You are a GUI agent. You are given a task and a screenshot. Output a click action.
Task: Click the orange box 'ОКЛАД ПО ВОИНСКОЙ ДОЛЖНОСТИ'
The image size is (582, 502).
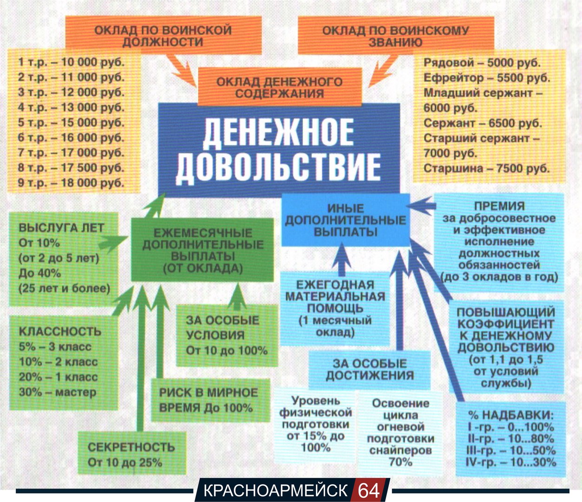click(163, 36)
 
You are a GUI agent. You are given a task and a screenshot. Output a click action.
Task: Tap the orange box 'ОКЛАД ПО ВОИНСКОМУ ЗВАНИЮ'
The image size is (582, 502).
click(396, 36)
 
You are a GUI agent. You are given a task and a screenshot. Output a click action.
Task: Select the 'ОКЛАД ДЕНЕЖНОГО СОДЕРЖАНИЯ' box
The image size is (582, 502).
click(279, 87)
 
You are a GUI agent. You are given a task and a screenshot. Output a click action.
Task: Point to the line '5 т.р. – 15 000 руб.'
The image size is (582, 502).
click(71, 123)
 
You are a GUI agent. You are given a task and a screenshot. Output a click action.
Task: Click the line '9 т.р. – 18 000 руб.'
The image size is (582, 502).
click(71, 183)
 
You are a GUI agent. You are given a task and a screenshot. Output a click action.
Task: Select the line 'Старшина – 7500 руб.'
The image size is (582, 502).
click(486, 168)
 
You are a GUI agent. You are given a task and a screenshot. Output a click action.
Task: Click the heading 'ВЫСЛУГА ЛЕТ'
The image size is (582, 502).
click(61, 228)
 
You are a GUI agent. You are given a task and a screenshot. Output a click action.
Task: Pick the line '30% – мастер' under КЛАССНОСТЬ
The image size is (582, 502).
click(58, 392)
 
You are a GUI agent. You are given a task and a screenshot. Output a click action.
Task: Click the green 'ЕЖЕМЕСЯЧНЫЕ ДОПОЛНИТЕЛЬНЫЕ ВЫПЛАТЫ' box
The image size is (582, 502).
click(203, 250)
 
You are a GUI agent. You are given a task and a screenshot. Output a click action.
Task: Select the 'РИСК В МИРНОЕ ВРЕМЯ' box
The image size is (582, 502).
click(209, 400)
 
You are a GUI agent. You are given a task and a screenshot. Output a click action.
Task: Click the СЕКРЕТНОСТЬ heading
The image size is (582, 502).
click(131, 447)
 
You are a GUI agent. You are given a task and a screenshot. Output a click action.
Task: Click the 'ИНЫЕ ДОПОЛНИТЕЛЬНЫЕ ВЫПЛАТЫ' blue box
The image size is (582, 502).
click(345, 220)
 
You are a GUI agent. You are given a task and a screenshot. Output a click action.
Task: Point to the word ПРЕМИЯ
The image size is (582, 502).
click(499, 206)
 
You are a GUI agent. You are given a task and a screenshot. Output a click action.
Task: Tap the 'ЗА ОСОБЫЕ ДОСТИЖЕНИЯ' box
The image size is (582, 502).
click(370, 370)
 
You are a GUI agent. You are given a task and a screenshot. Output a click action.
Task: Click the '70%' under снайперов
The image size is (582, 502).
click(400, 462)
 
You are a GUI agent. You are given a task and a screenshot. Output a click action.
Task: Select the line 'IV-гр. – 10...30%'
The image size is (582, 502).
click(510, 462)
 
